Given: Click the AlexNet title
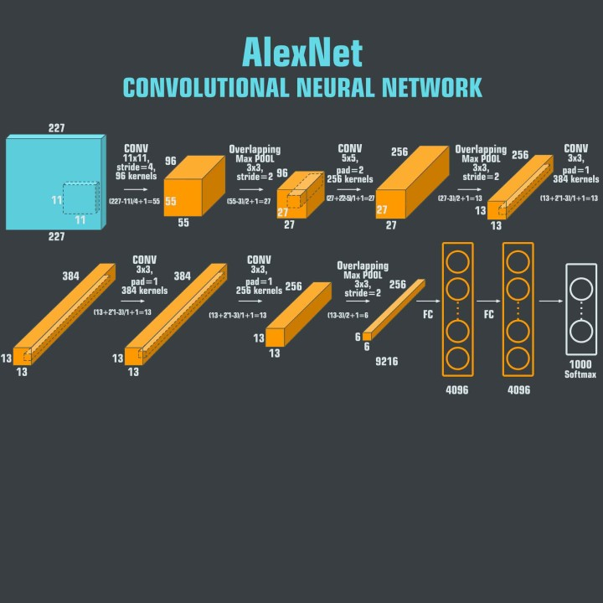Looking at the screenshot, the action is [x=301, y=52].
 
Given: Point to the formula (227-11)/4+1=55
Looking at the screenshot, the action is [x=135, y=201].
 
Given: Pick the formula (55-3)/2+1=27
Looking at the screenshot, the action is [x=250, y=201].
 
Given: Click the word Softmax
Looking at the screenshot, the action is [x=580, y=374].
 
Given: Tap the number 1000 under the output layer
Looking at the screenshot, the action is [x=580, y=364].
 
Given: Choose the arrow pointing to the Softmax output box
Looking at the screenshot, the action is [x=549, y=300].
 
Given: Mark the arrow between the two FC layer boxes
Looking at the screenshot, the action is [x=488, y=300].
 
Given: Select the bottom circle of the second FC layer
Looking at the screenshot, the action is [x=518, y=358].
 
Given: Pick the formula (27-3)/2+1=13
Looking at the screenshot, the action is [x=459, y=198].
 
